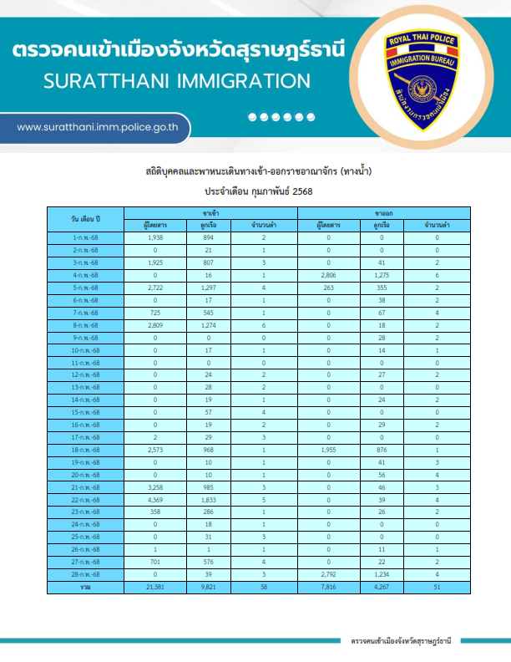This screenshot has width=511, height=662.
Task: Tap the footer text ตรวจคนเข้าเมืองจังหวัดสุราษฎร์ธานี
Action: coord(400,640)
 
